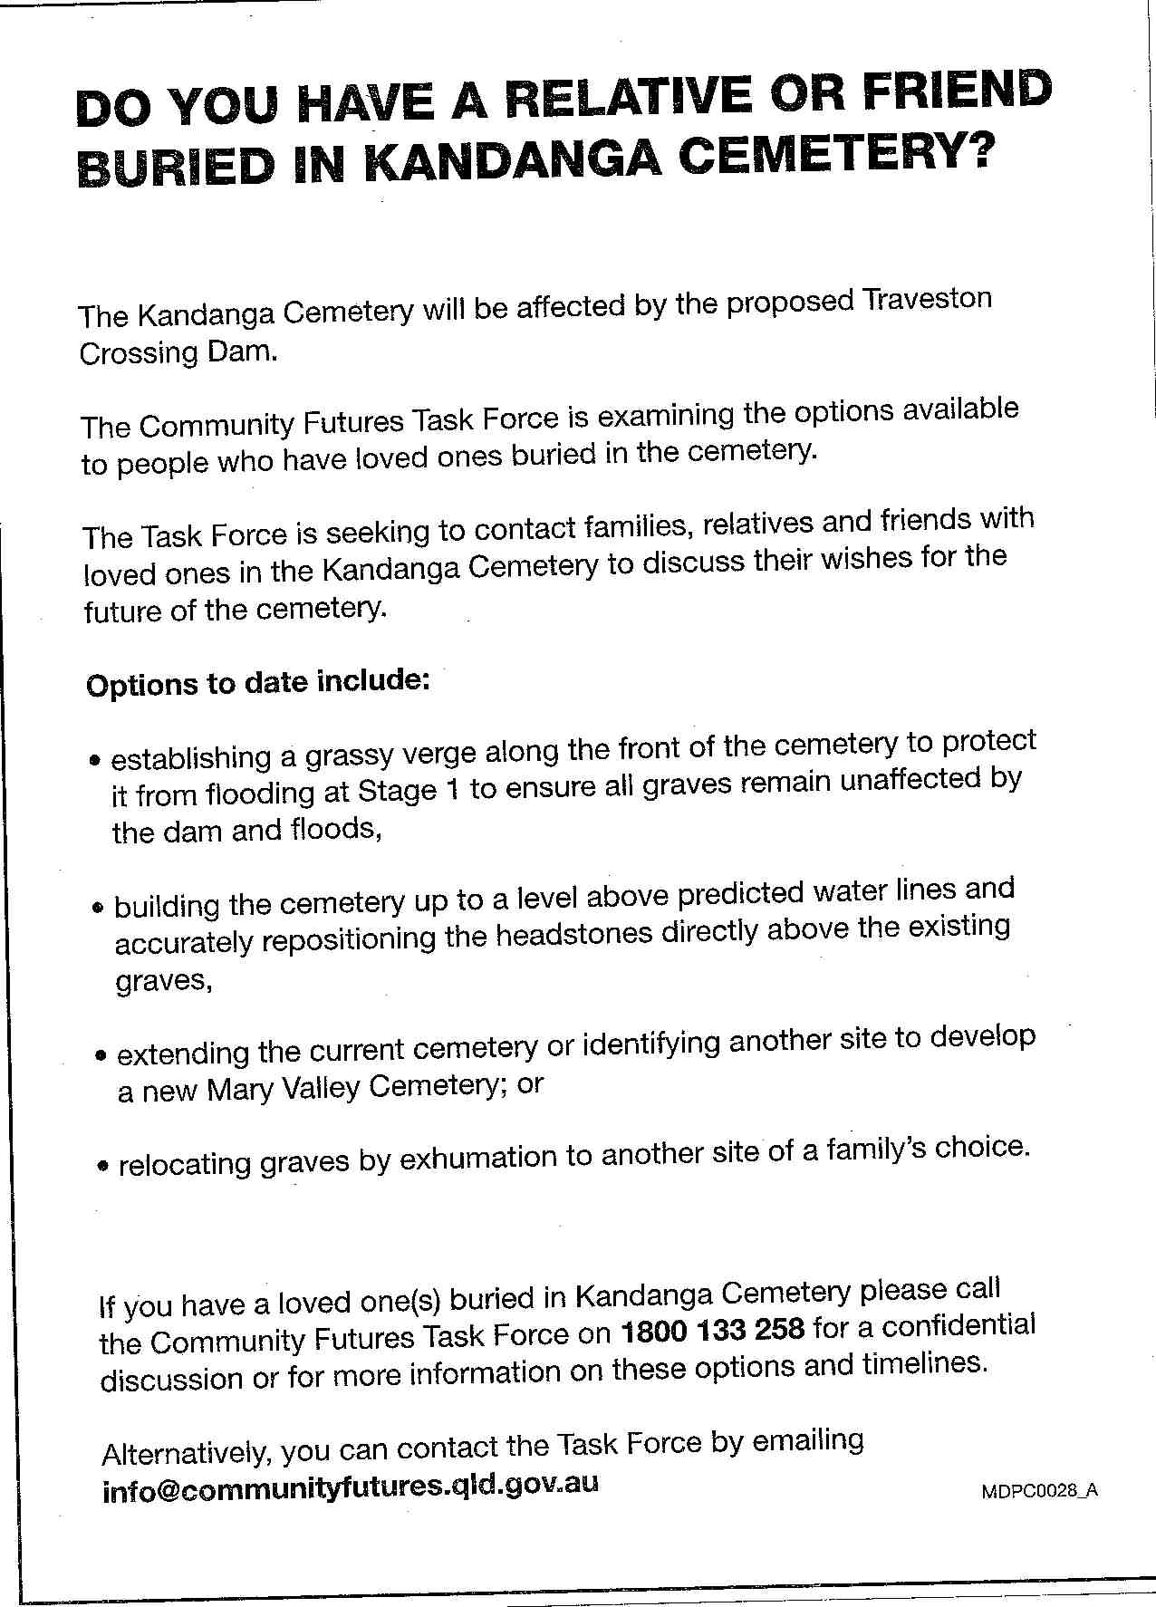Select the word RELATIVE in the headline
tap(627, 99)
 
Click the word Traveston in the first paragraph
tap(928, 300)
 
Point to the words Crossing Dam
tap(177, 352)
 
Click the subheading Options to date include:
tap(257, 681)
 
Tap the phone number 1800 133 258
tap(712, 1330)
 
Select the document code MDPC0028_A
tap(1039, 1491)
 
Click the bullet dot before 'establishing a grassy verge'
tap(95, 761)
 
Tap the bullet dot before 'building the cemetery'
tap(99, 907)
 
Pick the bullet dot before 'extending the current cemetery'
tap(101, 1056)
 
